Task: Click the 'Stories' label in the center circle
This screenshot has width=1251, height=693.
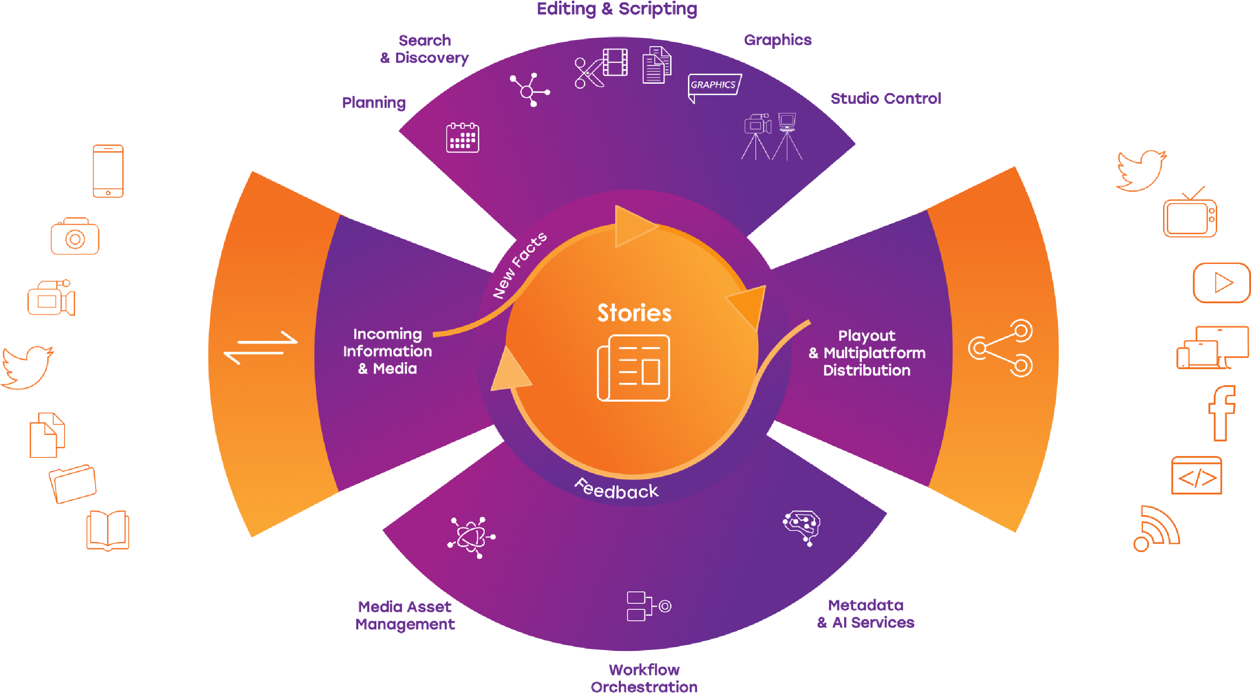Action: [x=634, y=313]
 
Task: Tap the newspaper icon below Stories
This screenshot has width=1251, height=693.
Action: [x=633, y=368]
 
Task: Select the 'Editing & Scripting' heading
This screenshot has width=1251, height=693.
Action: [x=617, y=9]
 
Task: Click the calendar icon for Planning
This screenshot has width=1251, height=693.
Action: [x=462, y=138]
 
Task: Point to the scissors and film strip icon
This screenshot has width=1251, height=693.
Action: [x=601, y=68]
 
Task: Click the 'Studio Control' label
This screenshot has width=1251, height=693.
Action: [x=886, y=98]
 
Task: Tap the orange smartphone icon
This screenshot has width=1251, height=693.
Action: [x=108, y=171]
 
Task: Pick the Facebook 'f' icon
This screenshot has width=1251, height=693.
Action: [x=1221, y=414]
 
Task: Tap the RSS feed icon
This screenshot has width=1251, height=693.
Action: [x=1156, y=529]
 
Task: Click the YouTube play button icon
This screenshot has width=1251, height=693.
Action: [x=1221, y=283]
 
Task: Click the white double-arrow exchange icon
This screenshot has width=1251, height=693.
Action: [x=260, y=348]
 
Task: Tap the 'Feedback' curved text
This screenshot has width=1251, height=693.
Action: [x=616, y=489]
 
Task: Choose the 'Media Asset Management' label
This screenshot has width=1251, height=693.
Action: [x=405, y=615]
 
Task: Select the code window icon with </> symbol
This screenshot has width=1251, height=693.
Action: [x=1197, y=476]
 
